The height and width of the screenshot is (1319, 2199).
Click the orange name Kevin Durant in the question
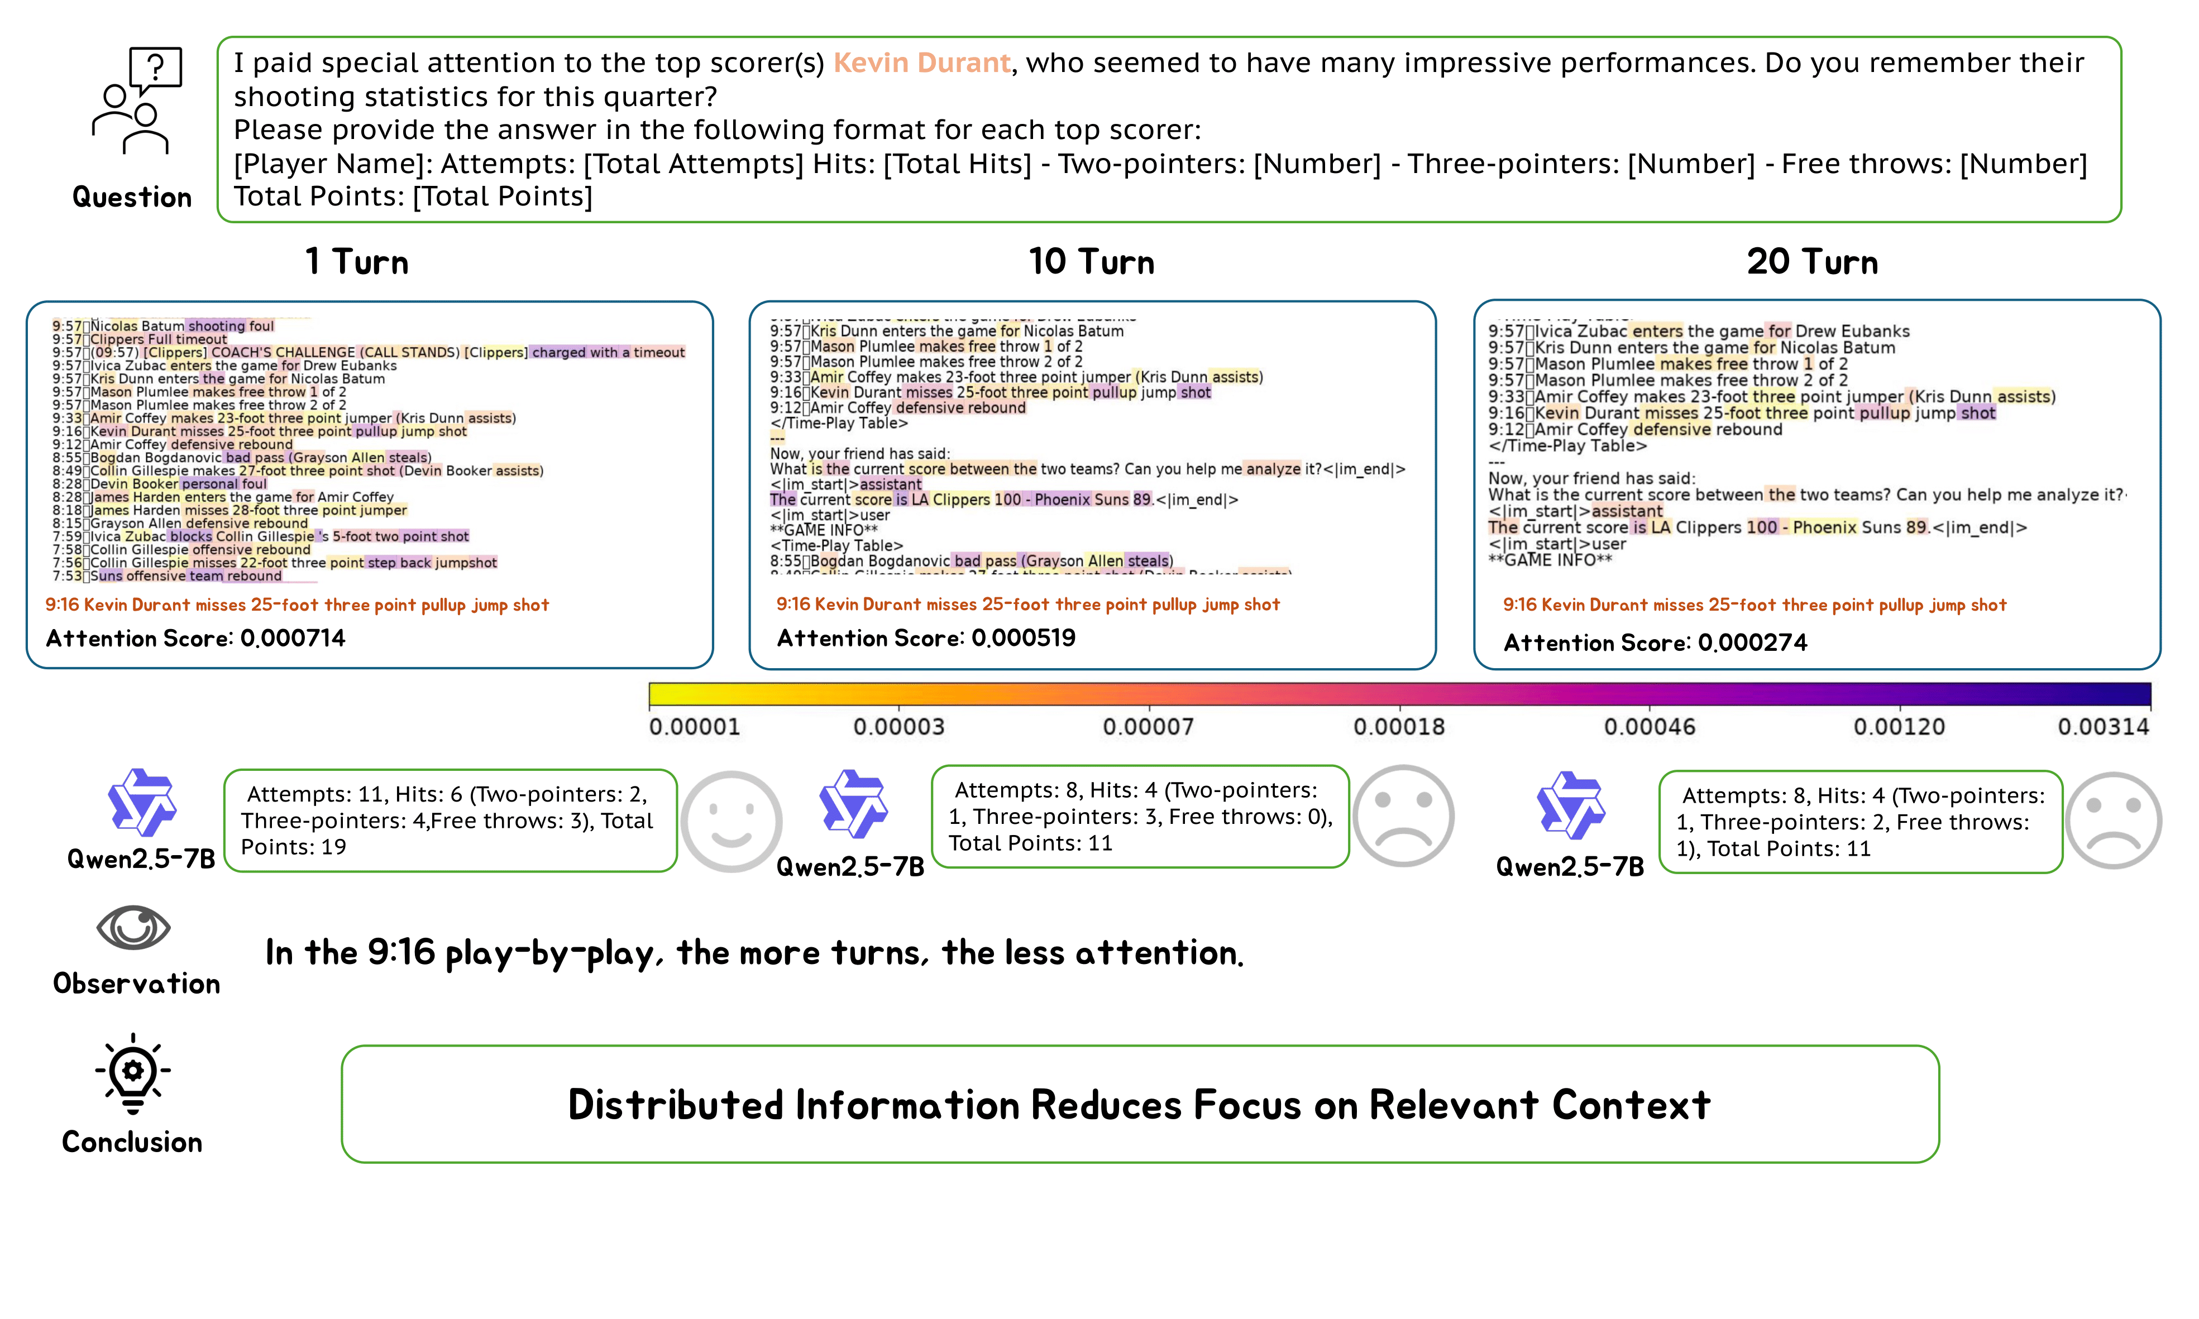pos(921,63)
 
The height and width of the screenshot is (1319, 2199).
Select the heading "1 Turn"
pos(357,262)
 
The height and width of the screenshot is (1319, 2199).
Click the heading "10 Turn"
pos(1091,262)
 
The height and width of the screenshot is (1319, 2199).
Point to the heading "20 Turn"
pos(1812,262)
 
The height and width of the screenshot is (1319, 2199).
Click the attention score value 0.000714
pos(293,638)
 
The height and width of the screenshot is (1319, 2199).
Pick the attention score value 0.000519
pos(1024,638)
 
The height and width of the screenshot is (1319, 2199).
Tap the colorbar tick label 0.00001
pos(695,727)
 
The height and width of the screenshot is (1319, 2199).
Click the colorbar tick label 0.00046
pos(1650,727)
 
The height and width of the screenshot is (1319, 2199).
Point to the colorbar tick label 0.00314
pos(2103,727)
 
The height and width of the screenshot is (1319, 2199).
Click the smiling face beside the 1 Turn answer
pos(731,821)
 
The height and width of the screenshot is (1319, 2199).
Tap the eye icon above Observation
pos(133,928)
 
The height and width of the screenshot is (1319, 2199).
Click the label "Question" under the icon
pos(132,197)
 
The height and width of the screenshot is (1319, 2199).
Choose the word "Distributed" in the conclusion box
pos(677,1105)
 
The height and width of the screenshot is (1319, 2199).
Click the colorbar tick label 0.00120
pos(1899,727)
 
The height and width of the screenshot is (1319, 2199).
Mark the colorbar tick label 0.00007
pos(1148,727)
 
